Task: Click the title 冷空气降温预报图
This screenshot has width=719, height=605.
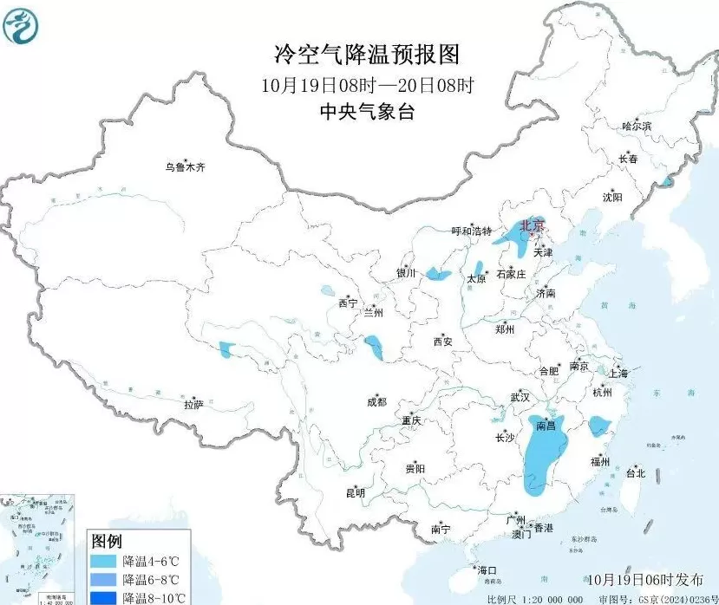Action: pyautogui.click(x=365, y=55)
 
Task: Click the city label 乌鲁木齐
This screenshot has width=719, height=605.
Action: pyautogui.click(x=187, y=167)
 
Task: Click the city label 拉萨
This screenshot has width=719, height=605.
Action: pyautogui.click(x=193, y=404)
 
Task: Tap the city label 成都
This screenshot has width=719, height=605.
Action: pyautogui.click(x=376, y=401)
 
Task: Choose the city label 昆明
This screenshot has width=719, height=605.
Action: pyautogui.click(x=356, y=492)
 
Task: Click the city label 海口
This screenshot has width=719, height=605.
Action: pyautogui.click(x=487, y=569)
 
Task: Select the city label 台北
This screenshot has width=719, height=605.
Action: pyautogui.click(x=636, y=473)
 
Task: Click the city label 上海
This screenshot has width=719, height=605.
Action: pyautogui.click(x=618, y=374)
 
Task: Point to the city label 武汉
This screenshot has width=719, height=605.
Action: pyautogui.click(x=520, y=396)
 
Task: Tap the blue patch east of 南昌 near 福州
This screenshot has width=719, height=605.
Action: pyautogui.click(x=598, y=426)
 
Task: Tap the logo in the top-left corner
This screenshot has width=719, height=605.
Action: pyautogui.click(x=21, y=25)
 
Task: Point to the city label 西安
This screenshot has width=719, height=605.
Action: pyautogui.click(x=442, y=342)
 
